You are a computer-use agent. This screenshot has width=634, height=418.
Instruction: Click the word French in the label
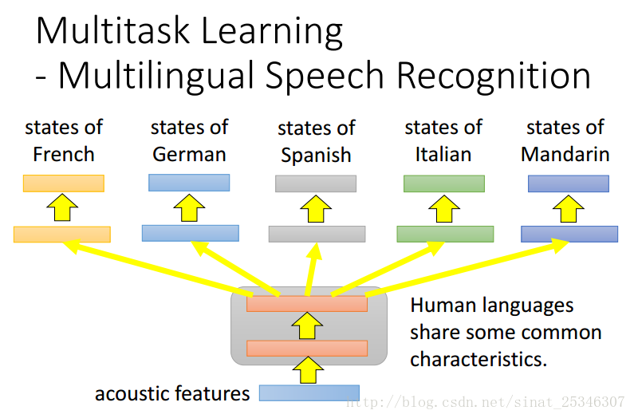[64, 154]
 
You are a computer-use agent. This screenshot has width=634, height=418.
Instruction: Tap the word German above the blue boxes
[189, 154]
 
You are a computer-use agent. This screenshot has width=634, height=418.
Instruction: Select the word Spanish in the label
[316, 156]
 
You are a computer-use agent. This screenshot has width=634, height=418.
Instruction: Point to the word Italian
[443, 154]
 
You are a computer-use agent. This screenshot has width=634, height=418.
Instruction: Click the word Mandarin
[565, 154]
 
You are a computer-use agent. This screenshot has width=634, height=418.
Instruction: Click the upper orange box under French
[64, 183]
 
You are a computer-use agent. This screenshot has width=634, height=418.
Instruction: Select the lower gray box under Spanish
[317, 234]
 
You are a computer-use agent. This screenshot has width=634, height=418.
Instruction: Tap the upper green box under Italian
[443, 183]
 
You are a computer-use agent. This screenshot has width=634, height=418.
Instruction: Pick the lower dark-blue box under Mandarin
[569, 234]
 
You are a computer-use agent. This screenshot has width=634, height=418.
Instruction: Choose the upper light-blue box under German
[189, 183]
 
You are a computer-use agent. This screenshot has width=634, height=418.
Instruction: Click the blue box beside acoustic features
[309, 392]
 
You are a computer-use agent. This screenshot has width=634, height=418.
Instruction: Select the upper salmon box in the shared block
[307, 304]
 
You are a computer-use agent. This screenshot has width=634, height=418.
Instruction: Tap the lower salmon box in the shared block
[307, 349]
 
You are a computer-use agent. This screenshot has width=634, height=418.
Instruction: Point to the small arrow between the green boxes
[443, 209]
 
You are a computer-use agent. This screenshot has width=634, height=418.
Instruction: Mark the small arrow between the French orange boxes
[62, 209]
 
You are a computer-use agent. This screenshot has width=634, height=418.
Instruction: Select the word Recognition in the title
[494, 76]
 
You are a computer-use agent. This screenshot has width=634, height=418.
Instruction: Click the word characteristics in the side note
[478, 359]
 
